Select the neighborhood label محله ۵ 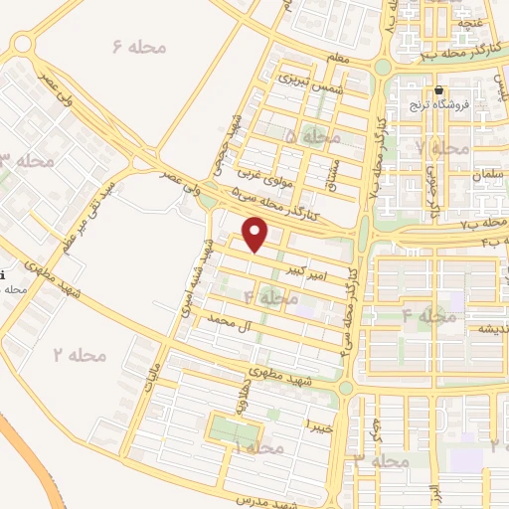pyautogui.click(x=311, y=134)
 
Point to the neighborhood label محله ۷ pyautogui.click(x=442, y=147)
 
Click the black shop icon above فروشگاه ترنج pyautogui.click(x=438, y=90)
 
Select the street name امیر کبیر pyautogui.click(x=304, y=270)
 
